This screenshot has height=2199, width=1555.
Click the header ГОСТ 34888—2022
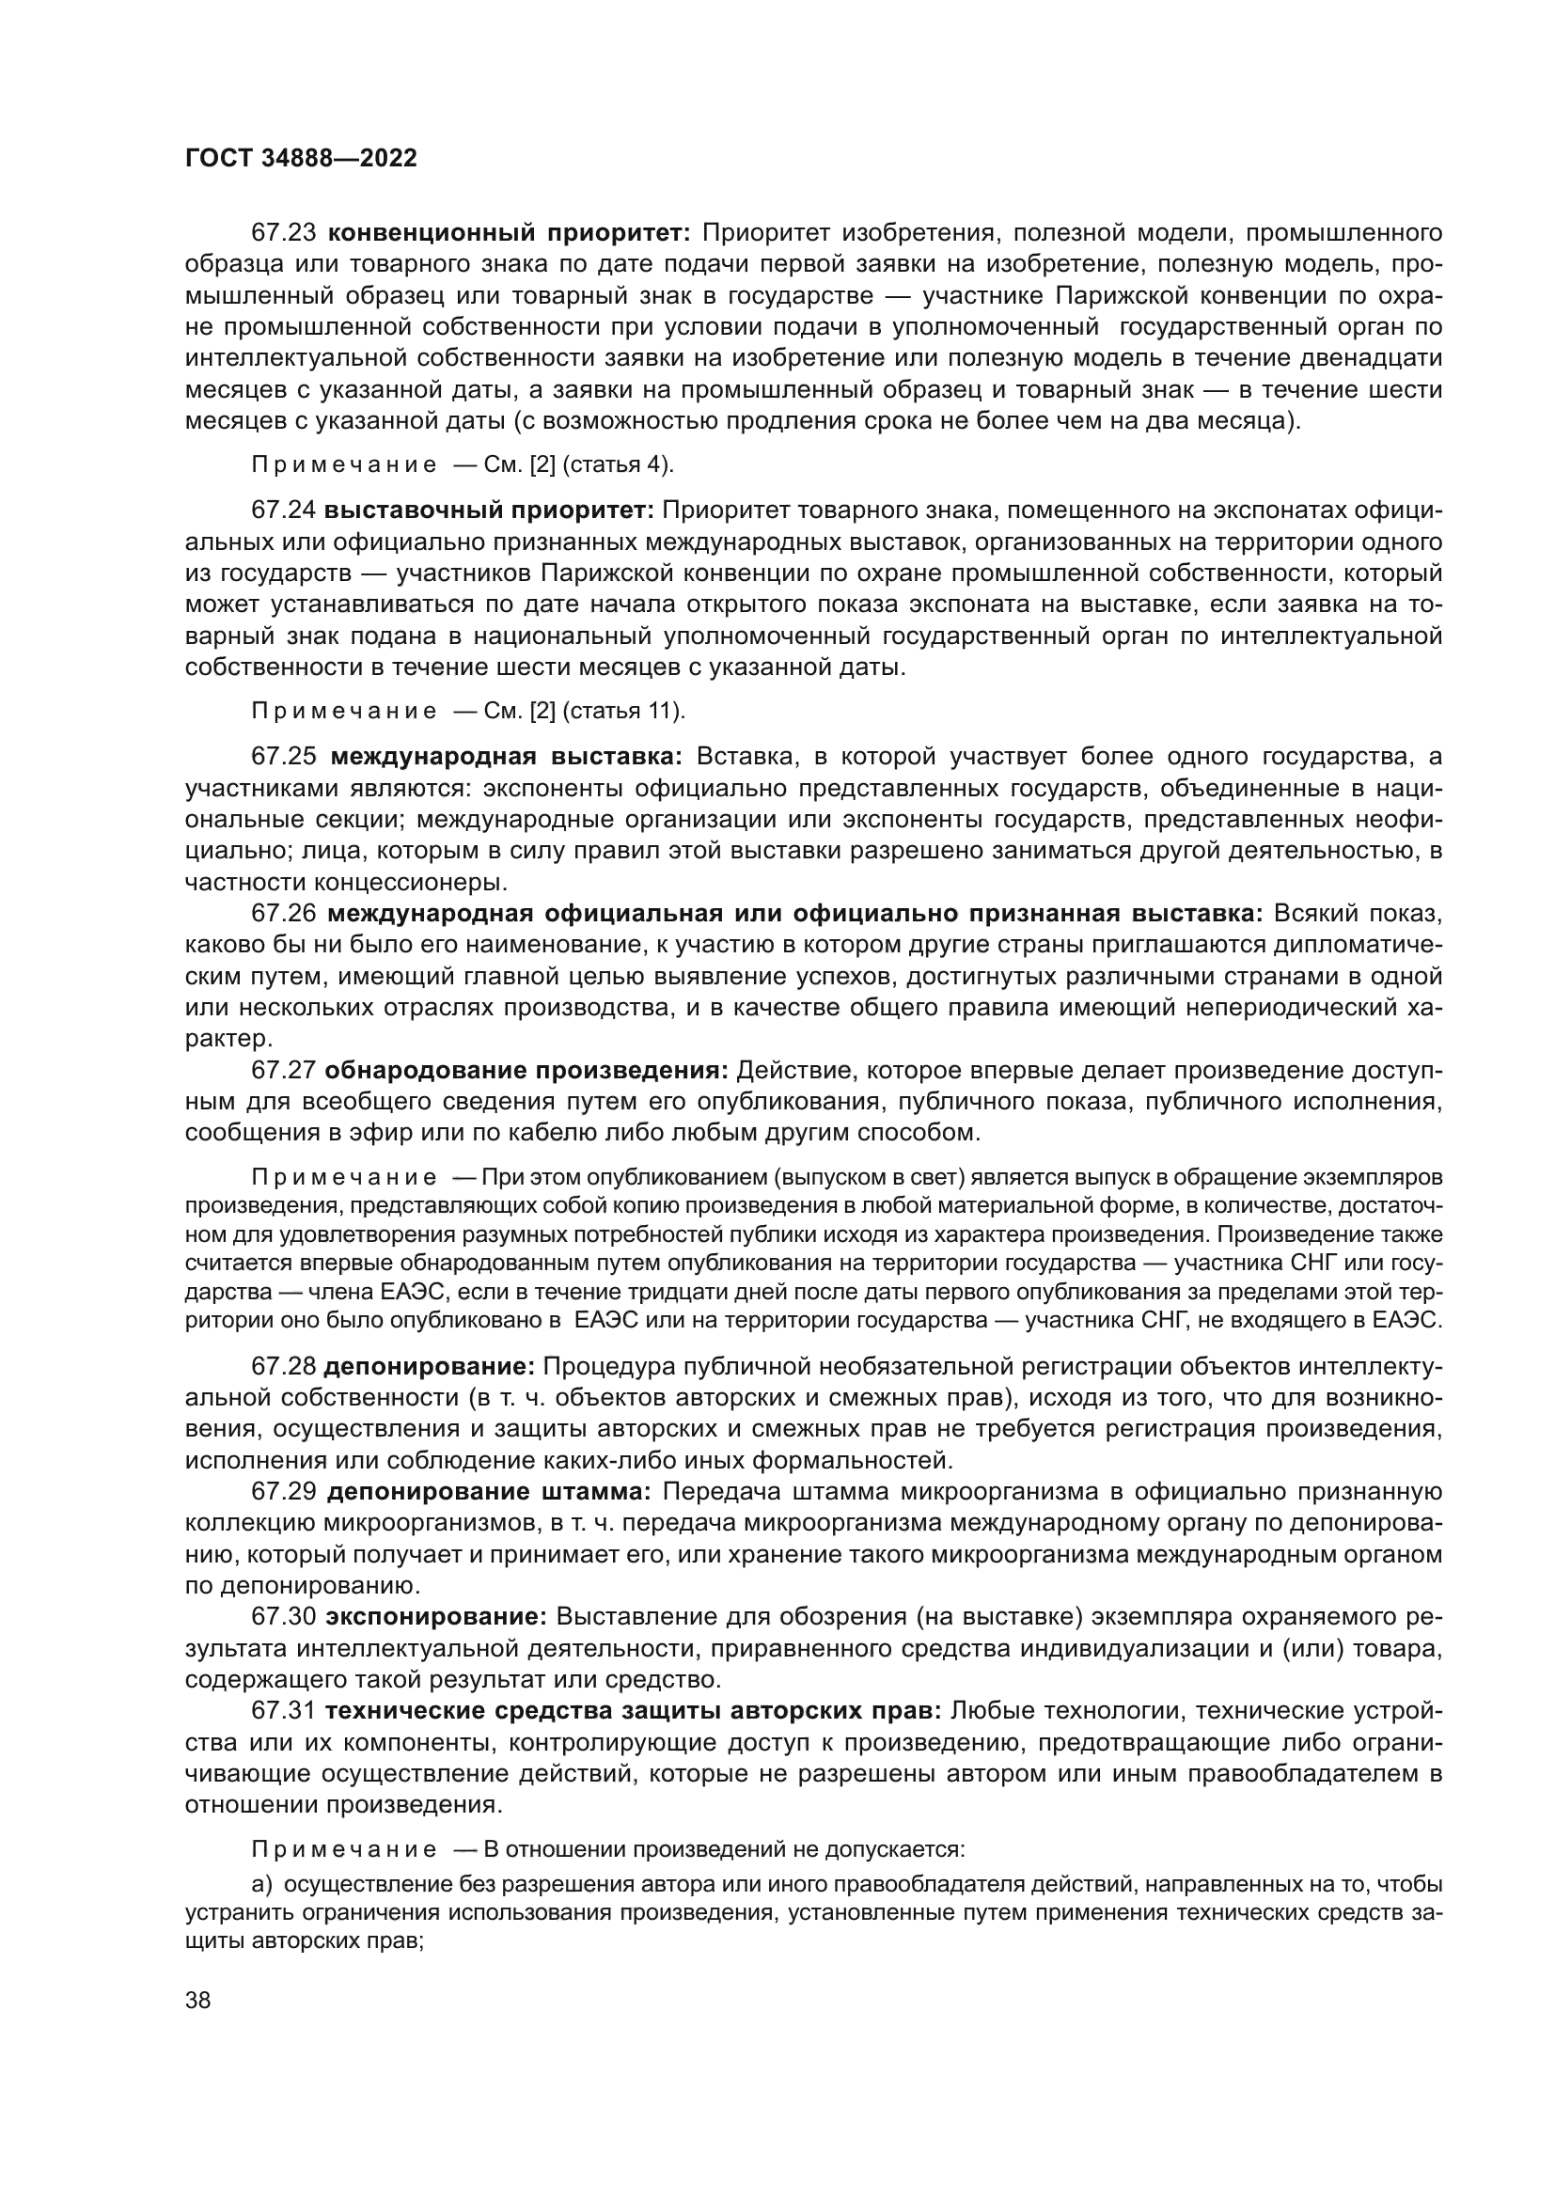[x=301, y=159]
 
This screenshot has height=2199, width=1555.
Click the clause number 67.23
[x=283, y=233]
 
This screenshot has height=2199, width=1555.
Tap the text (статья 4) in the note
[x=618, y=465]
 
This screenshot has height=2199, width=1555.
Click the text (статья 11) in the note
[x=623, y=712]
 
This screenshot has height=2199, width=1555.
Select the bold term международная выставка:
[x=507, y=757]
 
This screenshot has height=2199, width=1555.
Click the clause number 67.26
[x=283, y=914]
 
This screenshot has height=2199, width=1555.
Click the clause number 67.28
[x=283, y=1365]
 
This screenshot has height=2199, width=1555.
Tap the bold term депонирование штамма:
[x=488, y=1491]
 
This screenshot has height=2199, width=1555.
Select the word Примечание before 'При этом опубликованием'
[x=344, y=1177]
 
